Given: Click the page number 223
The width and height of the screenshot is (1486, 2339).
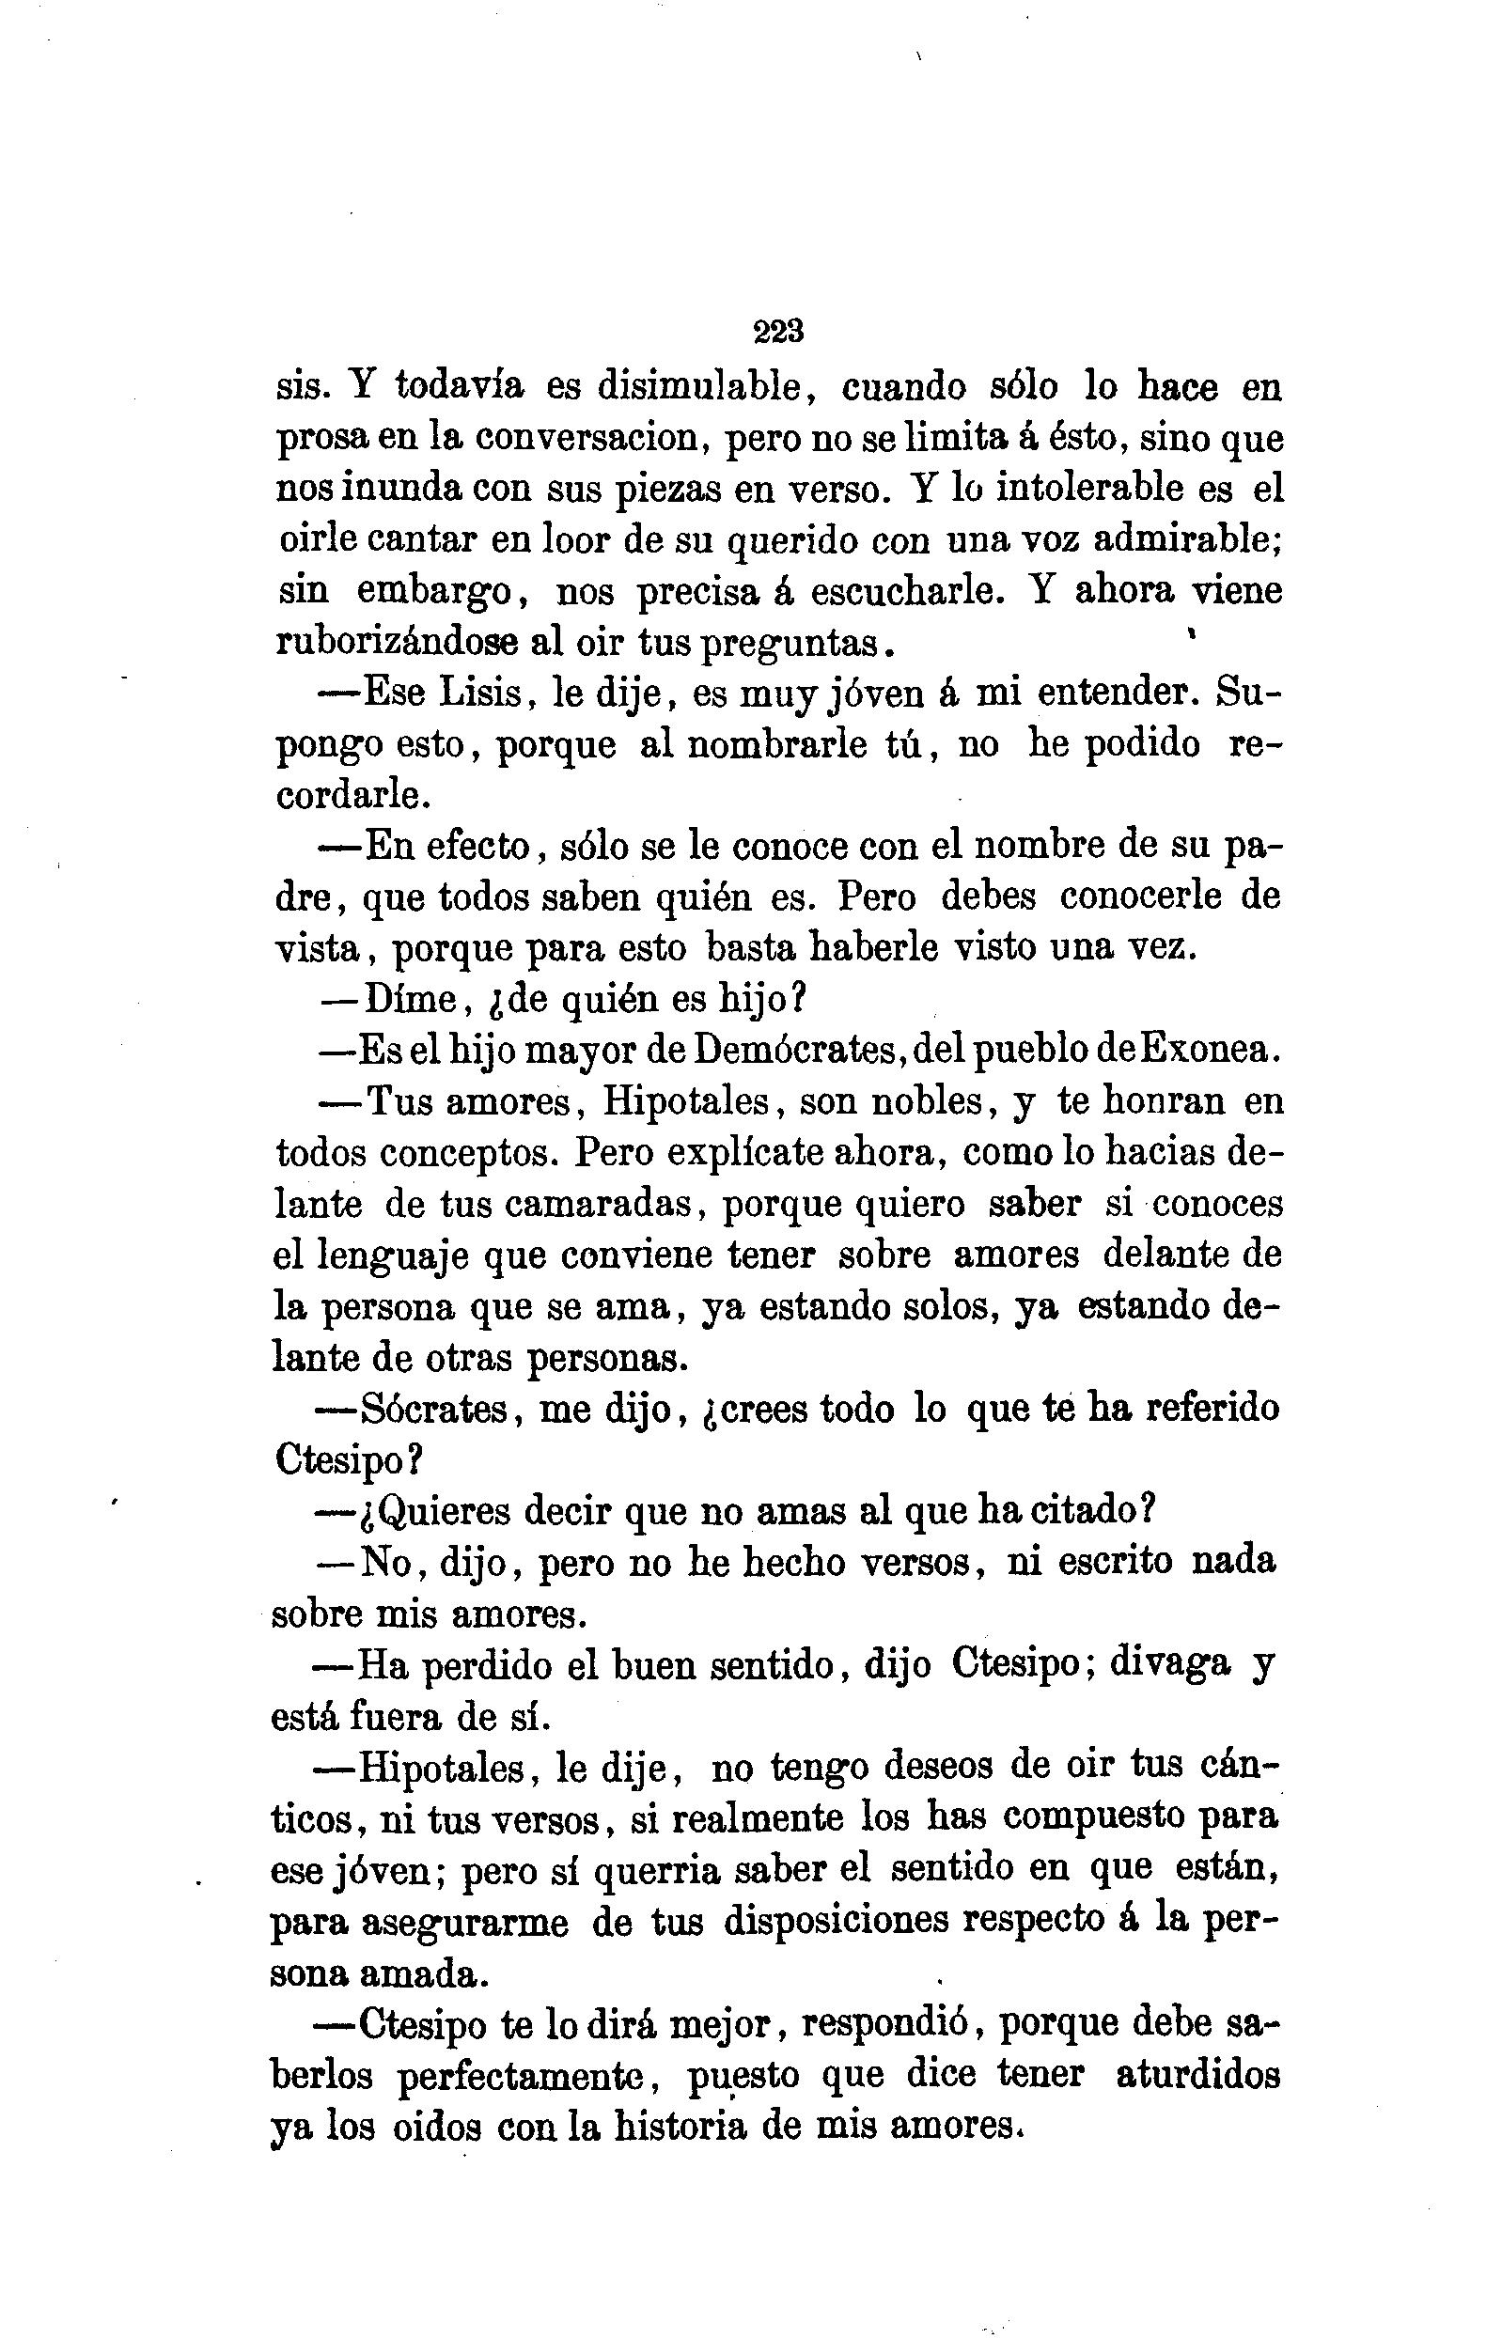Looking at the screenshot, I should coord(778,333).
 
